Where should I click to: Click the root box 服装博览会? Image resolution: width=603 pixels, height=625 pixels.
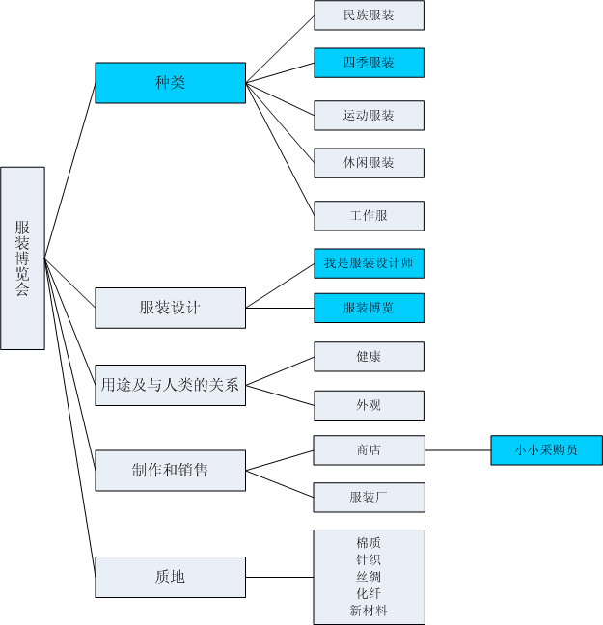[22, 258]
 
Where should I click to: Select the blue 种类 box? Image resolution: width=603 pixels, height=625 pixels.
[170, 83]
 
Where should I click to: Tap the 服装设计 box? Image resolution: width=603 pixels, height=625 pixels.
[170, 308]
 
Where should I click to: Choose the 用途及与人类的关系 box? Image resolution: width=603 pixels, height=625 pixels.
[170, 385]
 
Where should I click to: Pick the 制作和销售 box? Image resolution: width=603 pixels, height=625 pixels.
[170, 470]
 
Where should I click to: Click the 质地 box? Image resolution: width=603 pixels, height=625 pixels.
[170, 577]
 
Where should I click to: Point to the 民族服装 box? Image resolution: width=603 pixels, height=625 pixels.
[369, 15]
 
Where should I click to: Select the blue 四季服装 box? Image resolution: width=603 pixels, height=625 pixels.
[369, 63]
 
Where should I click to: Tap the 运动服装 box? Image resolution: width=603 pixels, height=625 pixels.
[369, 115]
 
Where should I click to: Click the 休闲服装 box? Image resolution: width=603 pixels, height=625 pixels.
[369, 163]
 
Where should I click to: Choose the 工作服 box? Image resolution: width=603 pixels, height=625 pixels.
[369, 216]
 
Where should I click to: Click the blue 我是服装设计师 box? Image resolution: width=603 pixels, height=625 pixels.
[369, 263]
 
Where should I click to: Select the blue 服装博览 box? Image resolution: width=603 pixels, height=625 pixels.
[369, 308]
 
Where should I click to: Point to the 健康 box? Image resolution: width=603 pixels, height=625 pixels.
[369, 356]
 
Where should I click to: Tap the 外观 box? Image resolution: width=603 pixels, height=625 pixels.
[369, 405]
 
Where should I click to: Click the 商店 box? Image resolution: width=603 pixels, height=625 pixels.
[369, 449]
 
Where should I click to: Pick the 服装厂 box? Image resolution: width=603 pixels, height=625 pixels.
[369, 497]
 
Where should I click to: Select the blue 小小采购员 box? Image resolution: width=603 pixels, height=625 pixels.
[546, 449]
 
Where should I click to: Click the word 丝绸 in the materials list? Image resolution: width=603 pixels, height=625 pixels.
[369, 576]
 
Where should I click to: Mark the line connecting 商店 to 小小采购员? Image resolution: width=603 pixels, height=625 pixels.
[457, 449]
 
